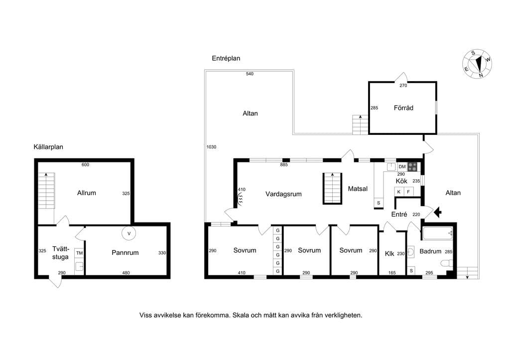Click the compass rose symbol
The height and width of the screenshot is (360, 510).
(x=477, y=64)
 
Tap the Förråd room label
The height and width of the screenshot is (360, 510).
(x=403, y=108)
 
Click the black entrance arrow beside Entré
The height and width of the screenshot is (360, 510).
(x=438, y=212)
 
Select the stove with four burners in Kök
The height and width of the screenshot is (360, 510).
(x=412, y=167)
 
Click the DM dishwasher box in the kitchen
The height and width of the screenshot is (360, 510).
(x=402, y=167)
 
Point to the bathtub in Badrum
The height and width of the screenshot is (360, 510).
(x=438, y=234)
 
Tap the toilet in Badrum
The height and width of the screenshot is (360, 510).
(x=447, y=263)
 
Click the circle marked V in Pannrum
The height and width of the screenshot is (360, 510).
(x=129, y=234)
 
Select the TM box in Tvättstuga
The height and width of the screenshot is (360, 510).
(x=79, y=253)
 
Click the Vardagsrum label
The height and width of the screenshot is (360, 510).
(x=283, y=194)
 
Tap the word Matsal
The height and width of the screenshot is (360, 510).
(x=358, y=189)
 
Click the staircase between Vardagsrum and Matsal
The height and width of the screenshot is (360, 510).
(x=332, y=189)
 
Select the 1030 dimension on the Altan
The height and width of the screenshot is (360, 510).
(x=211, y=147)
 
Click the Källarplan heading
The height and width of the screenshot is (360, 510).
(x=48, y=147)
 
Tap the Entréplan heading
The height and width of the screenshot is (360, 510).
(x=226, y=59)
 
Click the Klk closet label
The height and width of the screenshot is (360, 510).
(x=389, y=253)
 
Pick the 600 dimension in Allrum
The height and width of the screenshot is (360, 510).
(x=85, y=165)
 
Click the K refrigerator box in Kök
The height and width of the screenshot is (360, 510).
(x=399, y=192)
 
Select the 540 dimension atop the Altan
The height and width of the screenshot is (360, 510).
(x=250, y=74)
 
